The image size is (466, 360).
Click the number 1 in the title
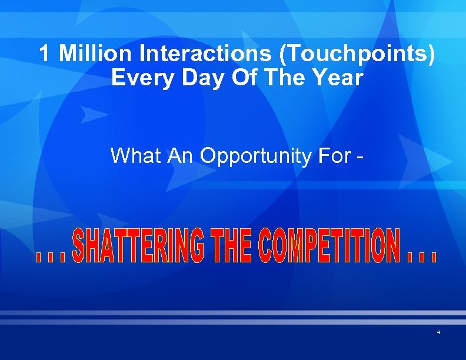click(x=45, y=54)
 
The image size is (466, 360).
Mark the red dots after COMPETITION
click(x=422, y=258)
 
